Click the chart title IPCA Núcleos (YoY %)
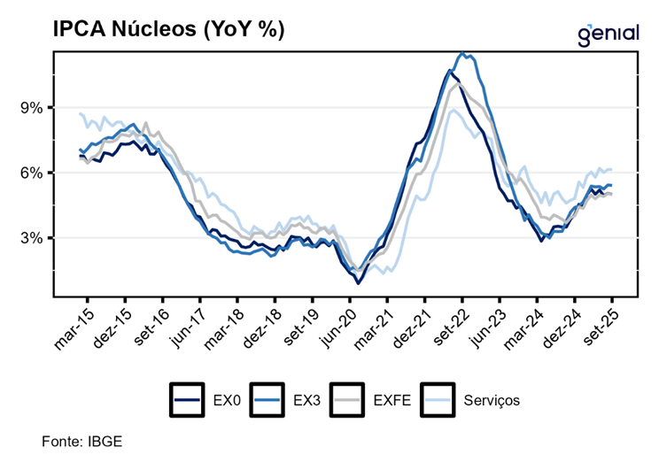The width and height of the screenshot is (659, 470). (x=157, y=30)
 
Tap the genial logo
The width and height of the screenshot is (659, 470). (x=608, y=34)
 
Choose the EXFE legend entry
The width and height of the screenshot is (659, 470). (x=368, y=399)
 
